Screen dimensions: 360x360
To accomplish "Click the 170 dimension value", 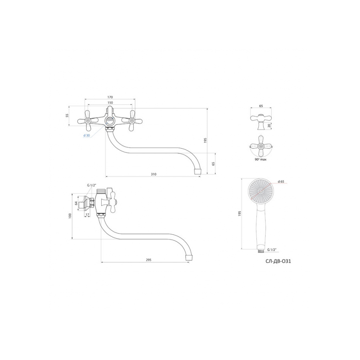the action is (x=110, y=97).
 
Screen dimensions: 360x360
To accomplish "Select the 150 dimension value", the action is (x=110, y=103).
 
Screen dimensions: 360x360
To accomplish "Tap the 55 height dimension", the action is (x=67, y=116).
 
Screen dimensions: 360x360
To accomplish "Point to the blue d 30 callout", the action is (x=86, y=136).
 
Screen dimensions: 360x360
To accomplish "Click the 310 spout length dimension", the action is (x=154, y=174).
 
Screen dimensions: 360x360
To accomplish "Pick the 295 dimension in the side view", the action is (x=148, y=260).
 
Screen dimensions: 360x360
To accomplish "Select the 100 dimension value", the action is (x=70, y=216).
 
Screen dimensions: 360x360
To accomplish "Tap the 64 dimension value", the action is (x=76, y=203).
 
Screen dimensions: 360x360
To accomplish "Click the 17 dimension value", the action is (x=88, y=214).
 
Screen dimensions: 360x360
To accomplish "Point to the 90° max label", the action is (x=260, y=159).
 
